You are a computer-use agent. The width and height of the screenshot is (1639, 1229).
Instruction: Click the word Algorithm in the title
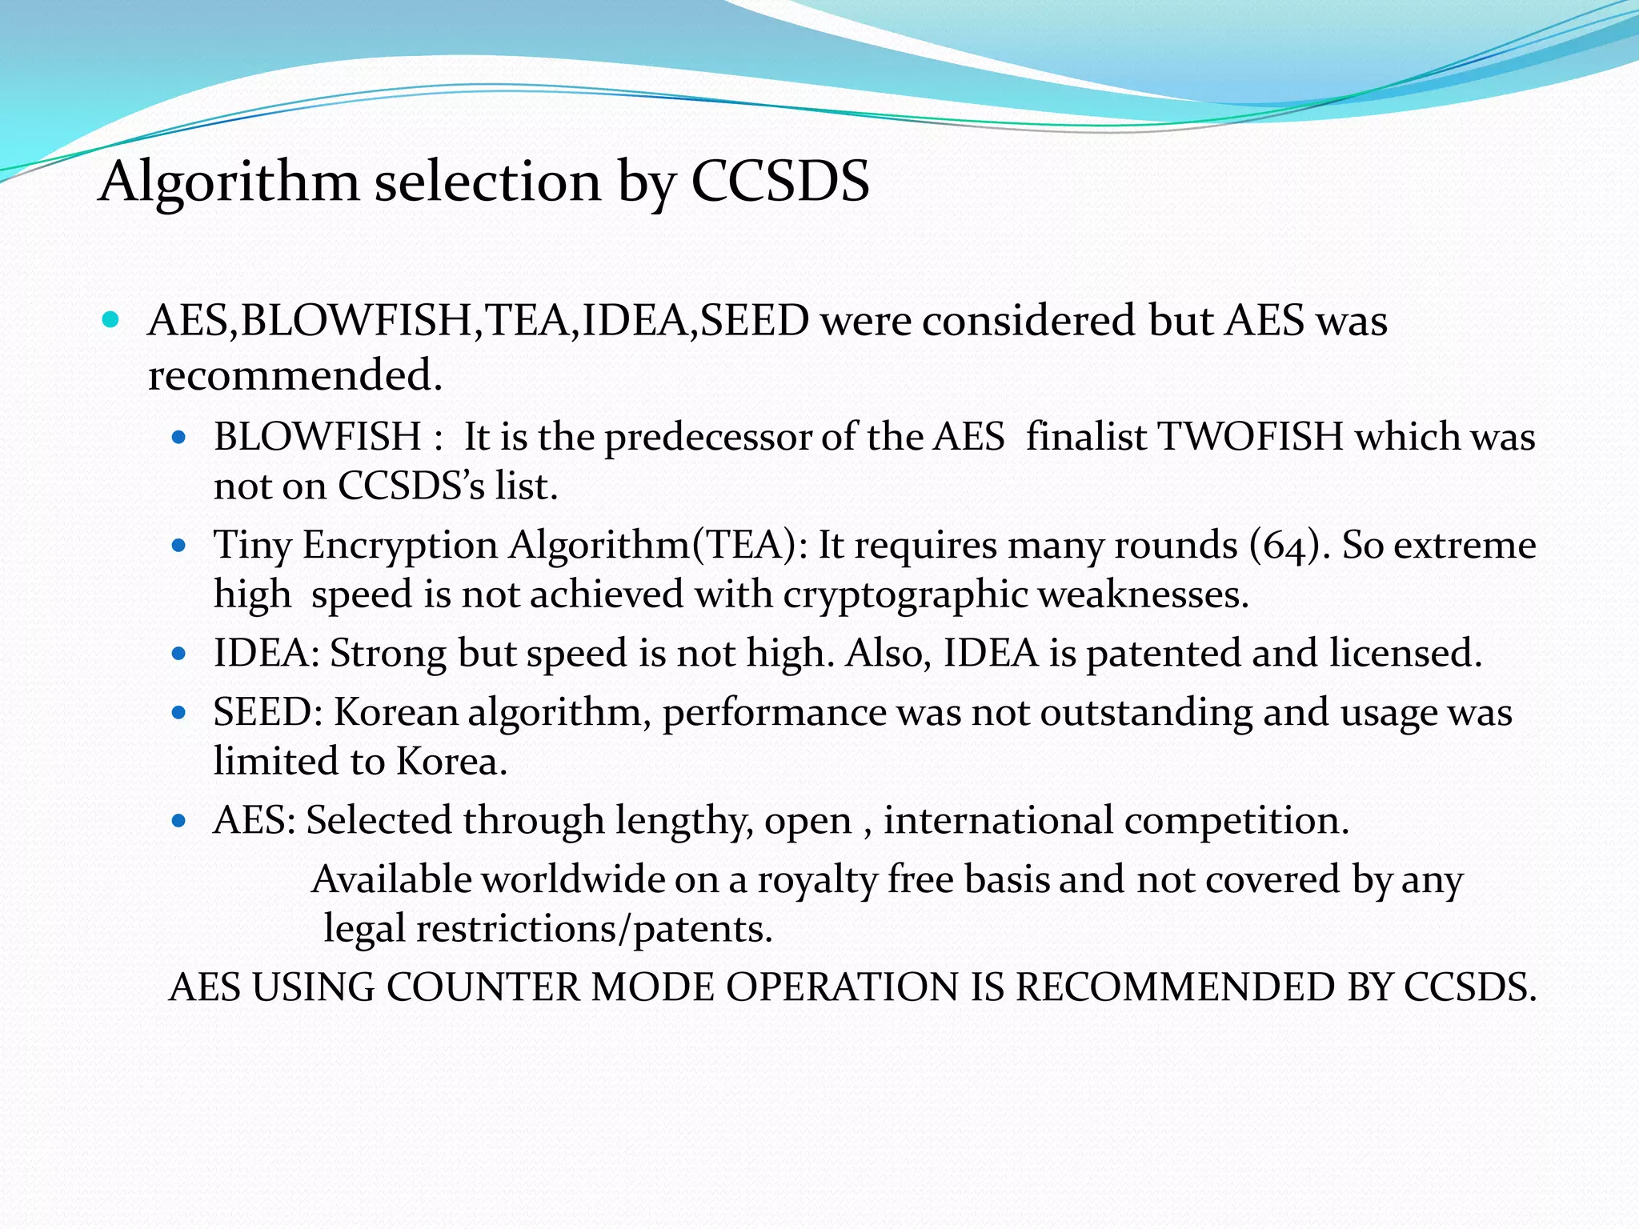point(229,182)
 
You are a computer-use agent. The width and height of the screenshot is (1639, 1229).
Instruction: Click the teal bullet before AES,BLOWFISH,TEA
point(111,321)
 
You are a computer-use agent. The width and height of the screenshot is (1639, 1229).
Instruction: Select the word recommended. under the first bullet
point(295,375)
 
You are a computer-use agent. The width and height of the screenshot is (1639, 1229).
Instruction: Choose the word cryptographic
point(905,595)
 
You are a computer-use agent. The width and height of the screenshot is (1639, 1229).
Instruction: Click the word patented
point(1164,654)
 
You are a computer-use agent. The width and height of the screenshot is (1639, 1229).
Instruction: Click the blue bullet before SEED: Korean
point(179,712)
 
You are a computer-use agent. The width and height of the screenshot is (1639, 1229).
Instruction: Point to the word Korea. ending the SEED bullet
point(452,761)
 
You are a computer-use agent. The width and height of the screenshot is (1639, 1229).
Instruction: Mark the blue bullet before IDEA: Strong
point(179,654)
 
